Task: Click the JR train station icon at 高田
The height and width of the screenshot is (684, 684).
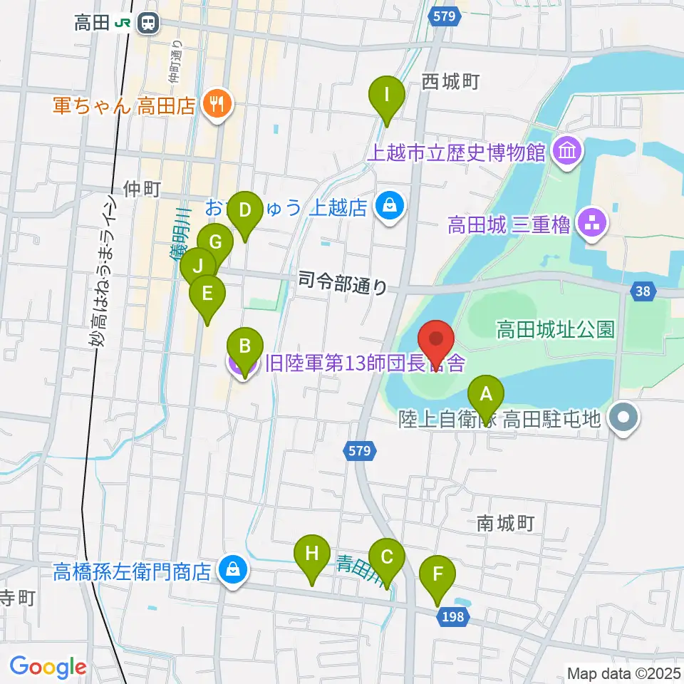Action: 148,23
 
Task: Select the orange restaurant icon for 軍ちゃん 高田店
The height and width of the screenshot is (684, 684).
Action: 214,105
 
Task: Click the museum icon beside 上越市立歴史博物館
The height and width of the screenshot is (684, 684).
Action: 568,150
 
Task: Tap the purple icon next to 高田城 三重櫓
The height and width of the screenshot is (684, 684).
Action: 593,226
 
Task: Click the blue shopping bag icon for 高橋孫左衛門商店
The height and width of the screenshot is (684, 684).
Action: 232,570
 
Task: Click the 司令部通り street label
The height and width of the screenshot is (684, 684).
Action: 343,284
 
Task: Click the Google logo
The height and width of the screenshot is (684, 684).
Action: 48,666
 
